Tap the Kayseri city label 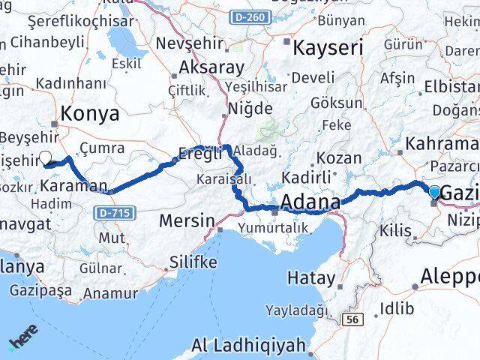click(328, 49)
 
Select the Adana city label click(310, 202)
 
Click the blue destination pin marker click(435, 191)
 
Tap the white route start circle click(46, 158)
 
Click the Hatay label click(310, 277)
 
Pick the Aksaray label click(211, 67)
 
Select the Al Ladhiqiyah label click(249, 346)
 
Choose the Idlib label click(396, 308)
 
